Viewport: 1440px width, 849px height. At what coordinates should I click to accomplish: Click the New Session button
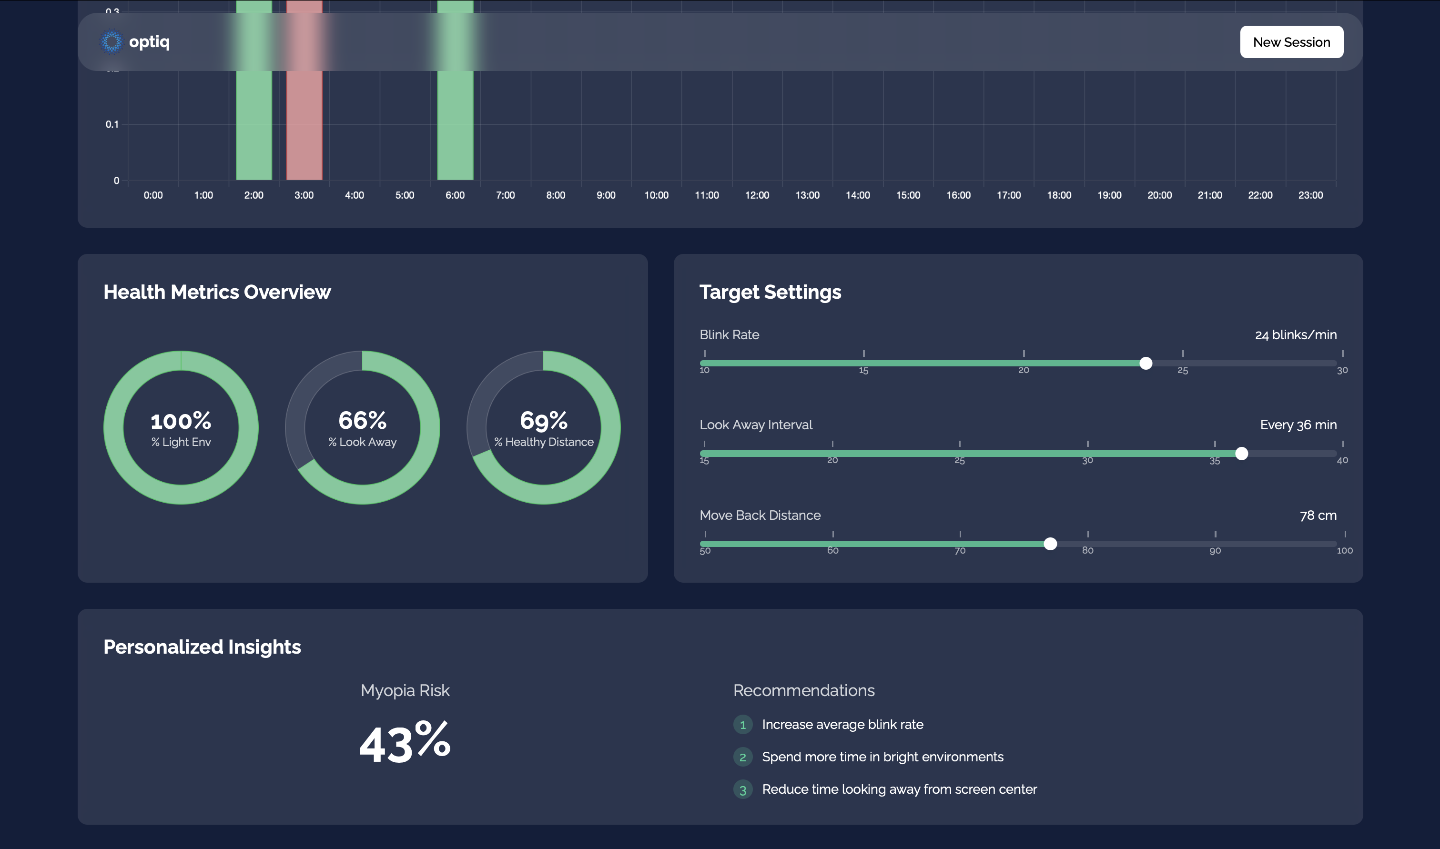point(1291,42)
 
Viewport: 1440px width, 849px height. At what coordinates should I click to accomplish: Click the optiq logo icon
point(112,42)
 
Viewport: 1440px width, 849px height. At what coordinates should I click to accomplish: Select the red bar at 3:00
point(304,126)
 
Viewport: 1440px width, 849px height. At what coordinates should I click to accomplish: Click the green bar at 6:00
point(455,126)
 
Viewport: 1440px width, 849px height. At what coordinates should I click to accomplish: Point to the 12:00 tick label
point(757,195)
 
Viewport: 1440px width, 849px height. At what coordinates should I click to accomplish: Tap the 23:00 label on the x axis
point(1310,195)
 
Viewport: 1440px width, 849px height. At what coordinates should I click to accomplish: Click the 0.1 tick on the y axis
point(112,124)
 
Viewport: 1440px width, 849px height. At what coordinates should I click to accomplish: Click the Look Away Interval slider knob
point(1241,454)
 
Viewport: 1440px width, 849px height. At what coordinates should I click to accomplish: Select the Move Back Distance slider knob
point(1050,544)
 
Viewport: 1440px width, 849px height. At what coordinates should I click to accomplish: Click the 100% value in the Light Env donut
point(181,421)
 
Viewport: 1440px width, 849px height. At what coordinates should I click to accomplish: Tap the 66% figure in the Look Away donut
point(362,421)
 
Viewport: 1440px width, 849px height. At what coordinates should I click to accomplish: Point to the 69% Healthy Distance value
point(544,421)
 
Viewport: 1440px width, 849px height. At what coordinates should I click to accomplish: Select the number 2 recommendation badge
point(742,758)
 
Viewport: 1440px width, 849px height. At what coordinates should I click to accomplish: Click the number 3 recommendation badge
point(742,790)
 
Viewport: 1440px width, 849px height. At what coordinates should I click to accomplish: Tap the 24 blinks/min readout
point(1295,334)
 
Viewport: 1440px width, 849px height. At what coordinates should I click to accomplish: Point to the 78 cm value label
point(1318,515)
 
